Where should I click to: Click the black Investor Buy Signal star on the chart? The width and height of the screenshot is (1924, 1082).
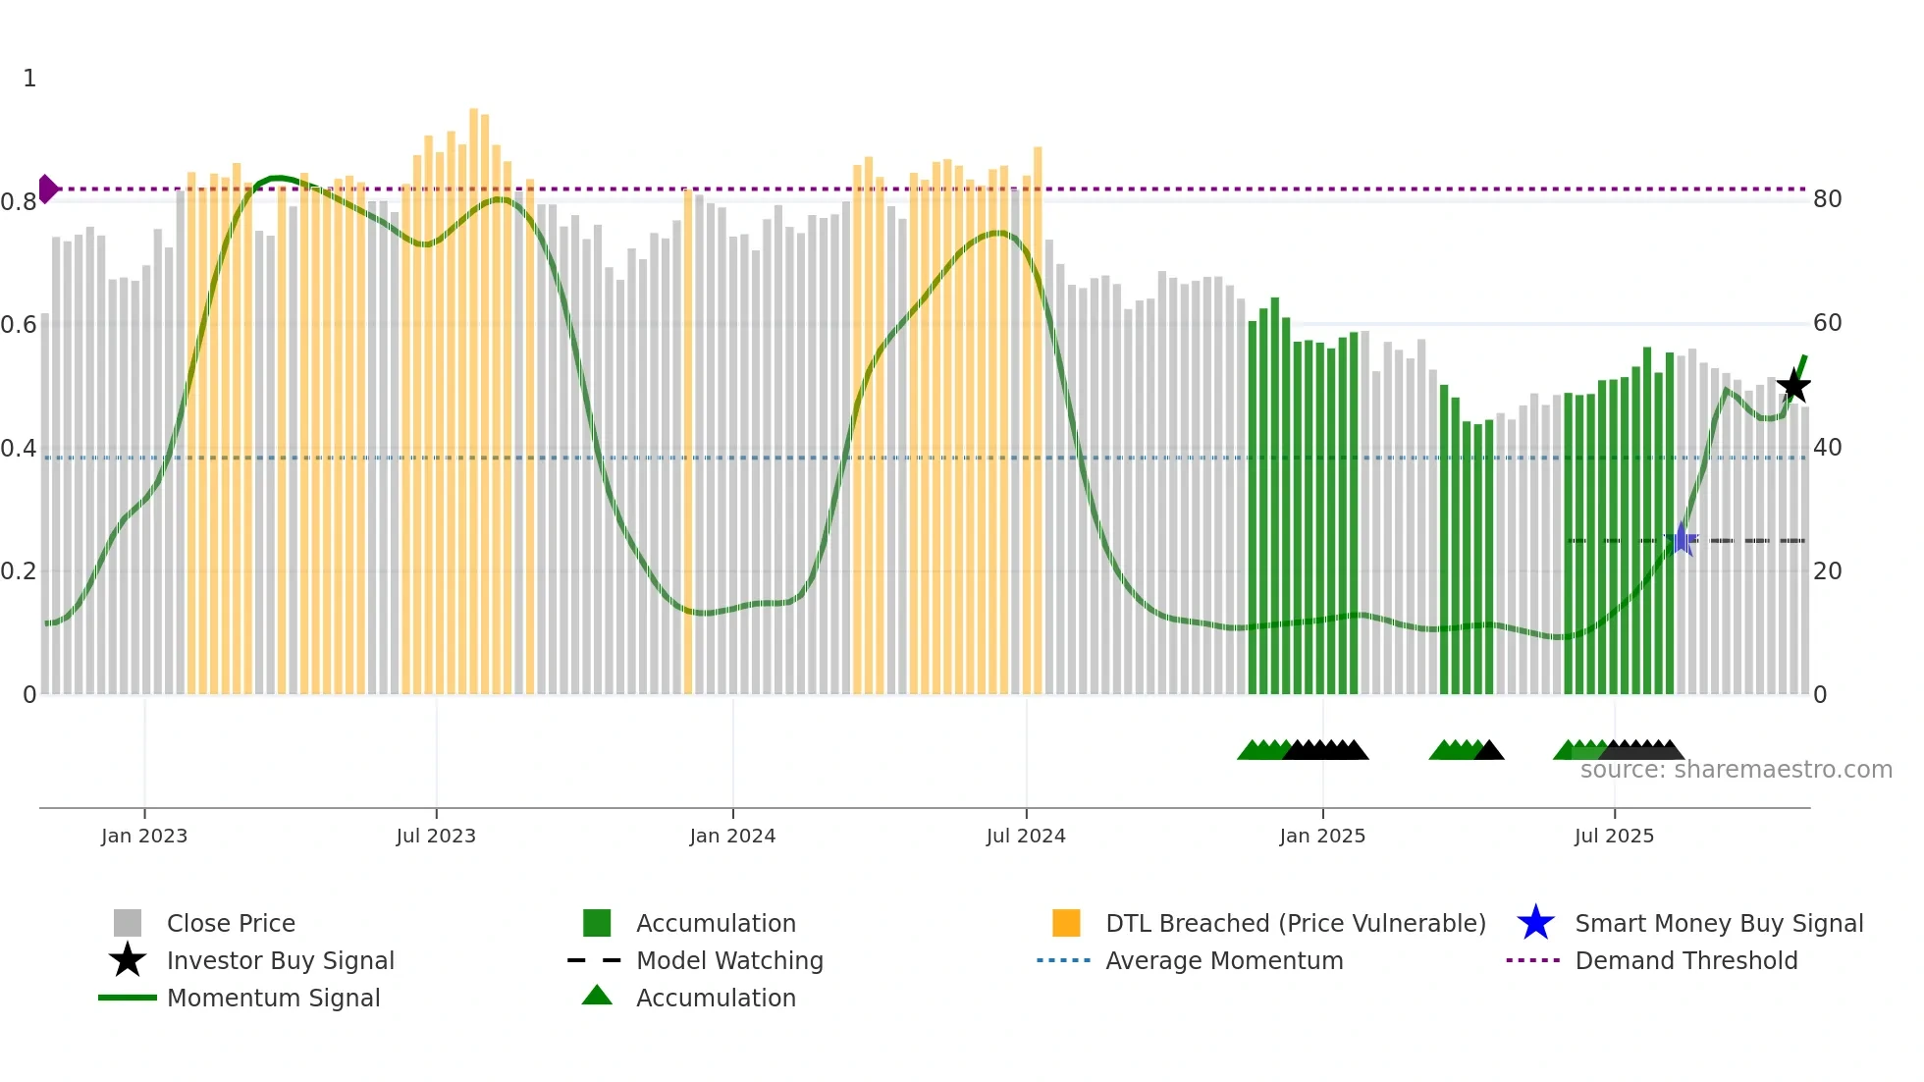(1793, 386)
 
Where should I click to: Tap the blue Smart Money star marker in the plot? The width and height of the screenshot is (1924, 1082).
(1682, 539)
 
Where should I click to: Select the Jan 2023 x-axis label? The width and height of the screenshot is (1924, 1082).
(144, 836)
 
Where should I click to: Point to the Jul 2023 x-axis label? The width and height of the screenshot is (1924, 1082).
(436, 836)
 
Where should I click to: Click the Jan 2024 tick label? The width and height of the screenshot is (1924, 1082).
(732, 836)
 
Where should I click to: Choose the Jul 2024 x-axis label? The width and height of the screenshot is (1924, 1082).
(1026, 836)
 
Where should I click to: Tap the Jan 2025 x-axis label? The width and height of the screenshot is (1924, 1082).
(1322, 836)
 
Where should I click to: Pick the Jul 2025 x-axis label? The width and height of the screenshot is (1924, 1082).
(1614, 836)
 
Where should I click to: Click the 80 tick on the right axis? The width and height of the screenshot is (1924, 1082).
(1827, 199)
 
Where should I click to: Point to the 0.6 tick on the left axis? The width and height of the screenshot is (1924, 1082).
(19, 325)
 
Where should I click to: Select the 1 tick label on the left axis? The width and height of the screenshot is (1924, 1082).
(29, 79)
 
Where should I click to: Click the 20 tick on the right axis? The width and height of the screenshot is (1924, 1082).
(1827, 571)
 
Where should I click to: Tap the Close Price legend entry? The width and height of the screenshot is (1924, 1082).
(231, 923)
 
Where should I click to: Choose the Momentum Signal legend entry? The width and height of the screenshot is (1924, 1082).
(273, 998)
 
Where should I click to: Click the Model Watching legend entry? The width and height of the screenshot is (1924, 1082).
(729, 960)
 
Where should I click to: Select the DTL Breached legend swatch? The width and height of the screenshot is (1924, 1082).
(1066, 923)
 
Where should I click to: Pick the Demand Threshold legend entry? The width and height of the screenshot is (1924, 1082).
(1685, 960)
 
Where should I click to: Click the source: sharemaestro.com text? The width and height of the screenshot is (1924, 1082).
(1736, 770)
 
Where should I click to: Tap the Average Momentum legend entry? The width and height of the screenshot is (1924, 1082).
(1224, 960)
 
